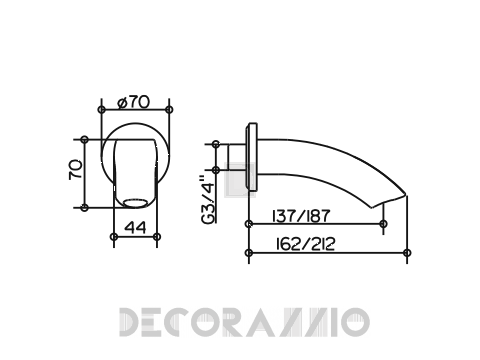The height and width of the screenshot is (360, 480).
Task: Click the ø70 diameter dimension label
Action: tap(134, 102)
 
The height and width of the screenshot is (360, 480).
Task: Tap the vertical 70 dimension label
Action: tap(76, 170)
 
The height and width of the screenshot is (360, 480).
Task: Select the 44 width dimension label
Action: tap(135, 228)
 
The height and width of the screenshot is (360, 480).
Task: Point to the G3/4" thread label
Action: tap(208, 200)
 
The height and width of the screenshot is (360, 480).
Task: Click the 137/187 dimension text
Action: tap(301, 216)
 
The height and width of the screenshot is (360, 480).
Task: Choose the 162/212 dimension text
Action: tap(305, 245)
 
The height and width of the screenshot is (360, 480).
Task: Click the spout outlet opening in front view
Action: tap(135, 203)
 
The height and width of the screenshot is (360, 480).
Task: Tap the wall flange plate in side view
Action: tap(252, 157)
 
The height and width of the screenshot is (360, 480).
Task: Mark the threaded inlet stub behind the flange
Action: tap(237, 157)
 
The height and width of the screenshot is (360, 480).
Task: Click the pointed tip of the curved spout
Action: tap(406, 194)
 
